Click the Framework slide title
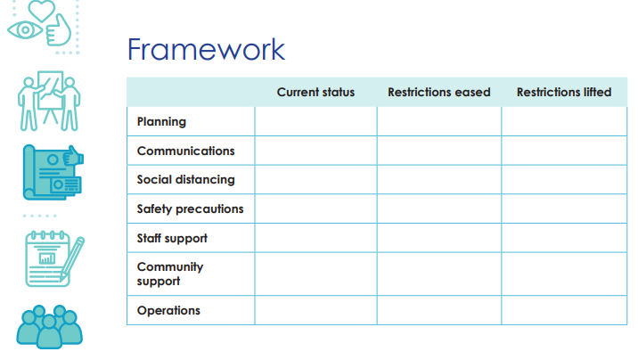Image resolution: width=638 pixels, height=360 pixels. coord(207,50)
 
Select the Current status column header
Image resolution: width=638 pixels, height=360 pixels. coord(315,93)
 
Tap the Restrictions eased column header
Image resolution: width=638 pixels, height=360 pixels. coord(439,93)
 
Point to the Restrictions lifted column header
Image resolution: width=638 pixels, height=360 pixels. coord(564,93)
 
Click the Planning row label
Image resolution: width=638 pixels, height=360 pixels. coord(161,122)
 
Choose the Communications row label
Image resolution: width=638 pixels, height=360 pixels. coord(186,151)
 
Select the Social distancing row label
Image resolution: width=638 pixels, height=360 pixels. coord(186,180)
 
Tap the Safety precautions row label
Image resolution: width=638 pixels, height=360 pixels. coord(190,209)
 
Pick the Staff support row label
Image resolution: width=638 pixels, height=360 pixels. coord(172,239)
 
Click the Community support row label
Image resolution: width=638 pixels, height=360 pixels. coord(170,274)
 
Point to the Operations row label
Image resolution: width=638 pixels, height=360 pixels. coord(168,311)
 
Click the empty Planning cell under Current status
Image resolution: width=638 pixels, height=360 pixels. coord(315,121)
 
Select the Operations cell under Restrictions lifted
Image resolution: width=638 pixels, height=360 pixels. coord(564,310)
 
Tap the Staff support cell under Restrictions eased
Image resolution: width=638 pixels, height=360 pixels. coord(439,238)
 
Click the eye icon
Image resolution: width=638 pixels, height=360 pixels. coord(25,29)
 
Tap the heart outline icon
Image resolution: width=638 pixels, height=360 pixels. coord(42,11)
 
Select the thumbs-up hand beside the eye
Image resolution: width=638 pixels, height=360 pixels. coord(59,31)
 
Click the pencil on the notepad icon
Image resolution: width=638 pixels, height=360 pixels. coord(72,258)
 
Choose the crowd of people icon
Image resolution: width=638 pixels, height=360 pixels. coord(49,327)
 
